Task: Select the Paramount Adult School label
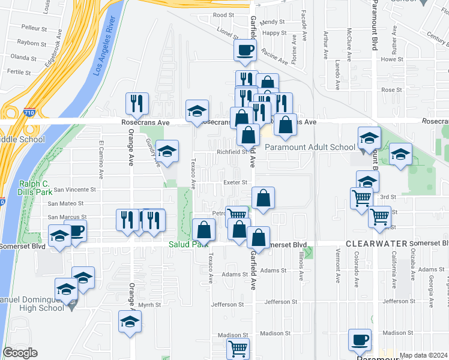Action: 310,147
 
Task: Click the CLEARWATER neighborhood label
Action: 376,244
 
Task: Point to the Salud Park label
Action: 188,244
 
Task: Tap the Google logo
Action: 20,353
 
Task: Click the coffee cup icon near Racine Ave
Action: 245,50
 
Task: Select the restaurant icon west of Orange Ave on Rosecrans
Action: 137,104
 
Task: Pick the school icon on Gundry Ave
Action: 167,150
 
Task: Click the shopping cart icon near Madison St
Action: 238,348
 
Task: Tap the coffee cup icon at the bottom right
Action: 360,340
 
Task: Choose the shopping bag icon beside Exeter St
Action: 263,198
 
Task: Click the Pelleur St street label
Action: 34,28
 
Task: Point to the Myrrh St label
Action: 150,305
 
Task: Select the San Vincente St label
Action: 75,190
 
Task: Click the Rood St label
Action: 223,15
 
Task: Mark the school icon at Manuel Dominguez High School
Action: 66,290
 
